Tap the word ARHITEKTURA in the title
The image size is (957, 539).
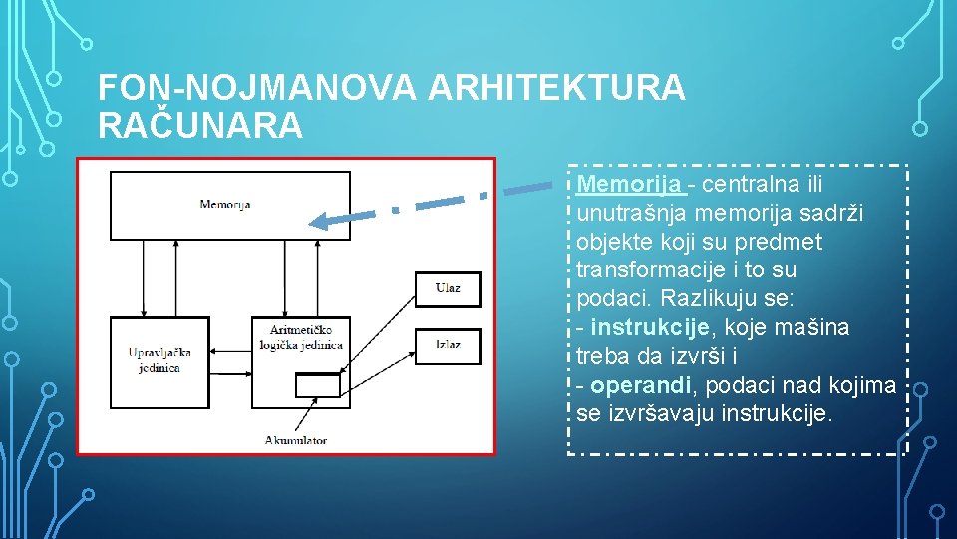point(556,89)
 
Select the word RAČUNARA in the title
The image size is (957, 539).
point(199,126)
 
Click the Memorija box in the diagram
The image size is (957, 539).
point(229,205)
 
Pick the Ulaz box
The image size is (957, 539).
point(448,288)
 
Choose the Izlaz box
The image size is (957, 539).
point(448,345)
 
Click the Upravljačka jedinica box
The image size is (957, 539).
point(159,361)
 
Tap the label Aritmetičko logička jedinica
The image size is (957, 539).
point(306,337)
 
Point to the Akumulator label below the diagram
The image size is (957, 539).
point(296,440)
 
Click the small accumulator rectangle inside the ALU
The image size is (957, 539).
point(317,384)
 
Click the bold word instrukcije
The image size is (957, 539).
point(649,327)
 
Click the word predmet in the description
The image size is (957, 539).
point(785,243)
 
